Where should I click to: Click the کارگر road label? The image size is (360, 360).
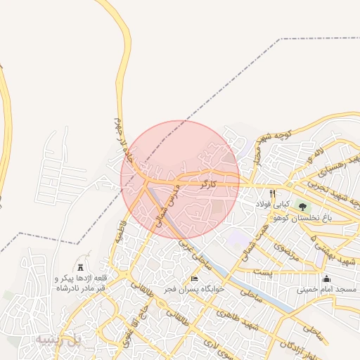pos(205,184)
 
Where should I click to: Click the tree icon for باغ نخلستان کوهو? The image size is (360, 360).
pos(303,207)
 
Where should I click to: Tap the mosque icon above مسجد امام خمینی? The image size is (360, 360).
pos(326,278)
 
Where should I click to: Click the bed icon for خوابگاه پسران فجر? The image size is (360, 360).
pos(195,279)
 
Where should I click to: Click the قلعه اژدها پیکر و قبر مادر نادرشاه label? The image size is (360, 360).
pos(79,282)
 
